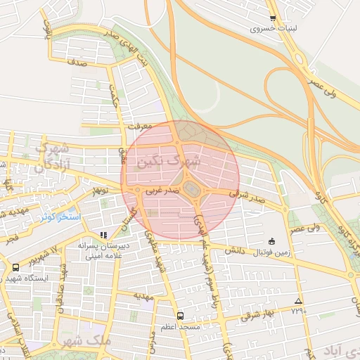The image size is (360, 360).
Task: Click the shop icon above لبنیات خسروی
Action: point(273,18)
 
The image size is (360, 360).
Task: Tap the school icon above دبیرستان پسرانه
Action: point(104,235)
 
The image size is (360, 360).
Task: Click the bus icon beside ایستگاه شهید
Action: point(15,267)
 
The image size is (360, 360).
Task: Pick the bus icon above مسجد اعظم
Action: point(180,315)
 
